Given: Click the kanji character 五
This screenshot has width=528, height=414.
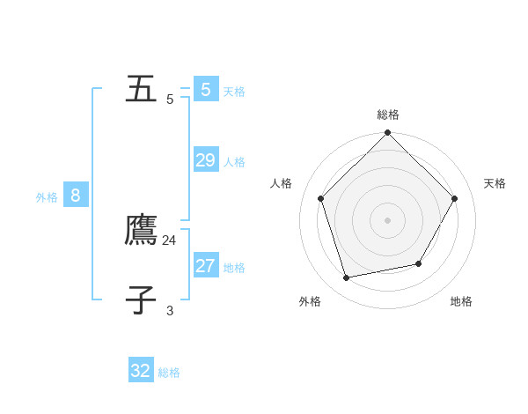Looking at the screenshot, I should coord(142,89).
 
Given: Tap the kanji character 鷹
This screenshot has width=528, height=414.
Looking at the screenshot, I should coord(142,231).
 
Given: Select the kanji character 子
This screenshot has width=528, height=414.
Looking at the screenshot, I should coord(142,300).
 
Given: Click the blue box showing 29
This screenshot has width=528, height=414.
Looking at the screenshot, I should coord(206,160).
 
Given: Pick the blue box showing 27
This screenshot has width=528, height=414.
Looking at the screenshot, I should coord(206,266).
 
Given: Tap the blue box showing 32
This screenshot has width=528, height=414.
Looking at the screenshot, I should coord(141,371).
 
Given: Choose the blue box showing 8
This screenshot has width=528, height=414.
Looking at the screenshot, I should coord(76,196).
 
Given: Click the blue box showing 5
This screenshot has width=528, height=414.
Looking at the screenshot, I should coord(206,89).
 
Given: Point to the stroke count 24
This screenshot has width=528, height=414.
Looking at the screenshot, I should coord(170,240).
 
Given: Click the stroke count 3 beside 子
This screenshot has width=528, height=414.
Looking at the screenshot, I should coord(170,310).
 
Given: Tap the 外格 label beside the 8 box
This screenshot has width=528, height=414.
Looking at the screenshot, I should coord(47,197).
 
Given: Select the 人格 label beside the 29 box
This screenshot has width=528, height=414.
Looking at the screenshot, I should coord(234,162).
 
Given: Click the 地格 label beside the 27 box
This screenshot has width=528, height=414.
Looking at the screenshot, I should coord(234,268).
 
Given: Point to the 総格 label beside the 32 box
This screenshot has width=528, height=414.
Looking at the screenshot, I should coord(169,373).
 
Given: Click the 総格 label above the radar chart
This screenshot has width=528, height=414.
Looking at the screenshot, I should coord(388,115).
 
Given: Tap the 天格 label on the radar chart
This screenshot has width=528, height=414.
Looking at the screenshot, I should coord(495,183).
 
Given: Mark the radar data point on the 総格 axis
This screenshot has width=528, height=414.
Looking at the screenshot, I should coord(387,133).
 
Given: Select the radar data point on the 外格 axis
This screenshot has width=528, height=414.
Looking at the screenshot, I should coord(347,277).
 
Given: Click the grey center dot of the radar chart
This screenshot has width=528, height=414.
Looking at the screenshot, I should coord(387,220).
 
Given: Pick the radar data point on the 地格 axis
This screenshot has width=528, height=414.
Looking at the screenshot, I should coord(419,263).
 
